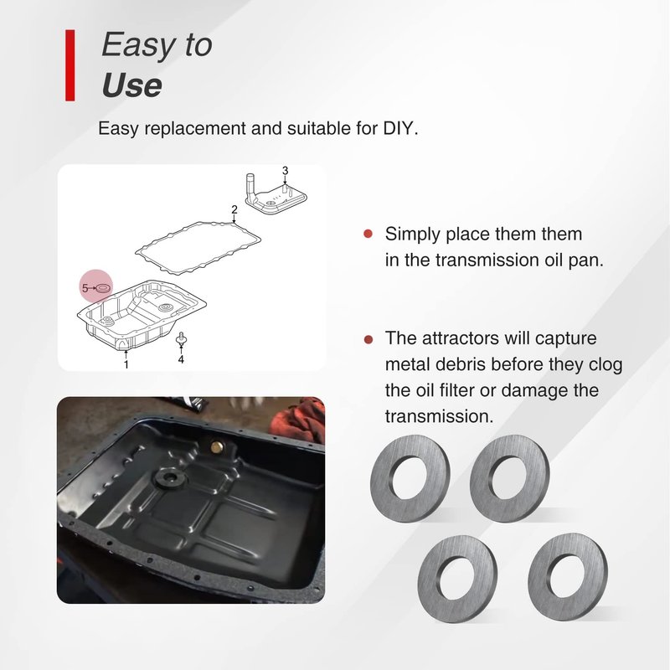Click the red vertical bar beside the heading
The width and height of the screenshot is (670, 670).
[x=70, y=65]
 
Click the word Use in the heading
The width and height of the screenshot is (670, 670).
[x=132, y=85]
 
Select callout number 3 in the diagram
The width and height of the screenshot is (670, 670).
[x=285, y=171]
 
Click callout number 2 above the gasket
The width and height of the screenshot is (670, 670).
[x=234, y=209]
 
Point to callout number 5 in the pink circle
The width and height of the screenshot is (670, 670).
[x=85, y=288]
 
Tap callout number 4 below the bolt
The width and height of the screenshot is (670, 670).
[x=181, y=360]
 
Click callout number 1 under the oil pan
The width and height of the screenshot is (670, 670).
[x=126, y=364]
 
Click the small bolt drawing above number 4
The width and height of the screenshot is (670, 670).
[x=182, y=339]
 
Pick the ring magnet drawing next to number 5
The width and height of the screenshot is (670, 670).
[x=103, y=288]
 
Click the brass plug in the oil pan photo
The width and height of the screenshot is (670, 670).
[x=217, y=447]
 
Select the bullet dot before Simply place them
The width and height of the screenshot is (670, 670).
[x=368, y=234]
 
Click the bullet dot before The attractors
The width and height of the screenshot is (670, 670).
[x=368, y=339]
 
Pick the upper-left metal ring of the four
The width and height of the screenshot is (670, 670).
[x=410, y=477]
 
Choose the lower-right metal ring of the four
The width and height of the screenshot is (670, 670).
[x=569, y=578]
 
